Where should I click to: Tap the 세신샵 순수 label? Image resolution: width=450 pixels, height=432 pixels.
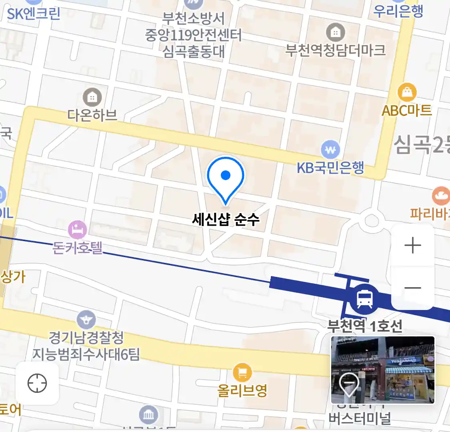click(226, 219)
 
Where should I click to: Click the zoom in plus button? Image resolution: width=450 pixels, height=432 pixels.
click(413, 246)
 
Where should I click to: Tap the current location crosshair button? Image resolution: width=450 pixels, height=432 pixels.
click(37, 384)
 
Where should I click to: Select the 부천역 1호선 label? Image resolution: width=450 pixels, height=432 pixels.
click(365, 326)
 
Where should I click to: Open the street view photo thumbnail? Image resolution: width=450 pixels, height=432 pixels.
click(383, 370)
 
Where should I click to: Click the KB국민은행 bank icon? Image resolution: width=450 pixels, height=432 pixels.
click(330, 150)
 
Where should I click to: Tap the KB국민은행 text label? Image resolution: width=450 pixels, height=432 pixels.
click(330, 168)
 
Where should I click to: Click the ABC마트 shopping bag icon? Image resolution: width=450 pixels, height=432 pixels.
click(407, 92)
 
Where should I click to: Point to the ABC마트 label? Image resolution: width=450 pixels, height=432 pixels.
click(407, 110)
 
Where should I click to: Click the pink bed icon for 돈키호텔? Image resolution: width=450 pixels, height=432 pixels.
click(78, 230)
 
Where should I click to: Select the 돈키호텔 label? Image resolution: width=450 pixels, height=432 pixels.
click(78, 248)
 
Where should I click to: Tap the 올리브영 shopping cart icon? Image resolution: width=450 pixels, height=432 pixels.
click(242, 373)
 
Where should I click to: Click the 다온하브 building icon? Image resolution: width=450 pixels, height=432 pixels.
click(92, 97)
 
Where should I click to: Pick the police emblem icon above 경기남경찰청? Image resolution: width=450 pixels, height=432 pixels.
click(86, 320)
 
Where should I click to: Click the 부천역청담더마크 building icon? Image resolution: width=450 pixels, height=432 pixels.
click(335, 32)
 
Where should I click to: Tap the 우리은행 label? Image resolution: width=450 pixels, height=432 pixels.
click(398, 11)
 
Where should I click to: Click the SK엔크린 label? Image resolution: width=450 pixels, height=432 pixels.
click(34, 14)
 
